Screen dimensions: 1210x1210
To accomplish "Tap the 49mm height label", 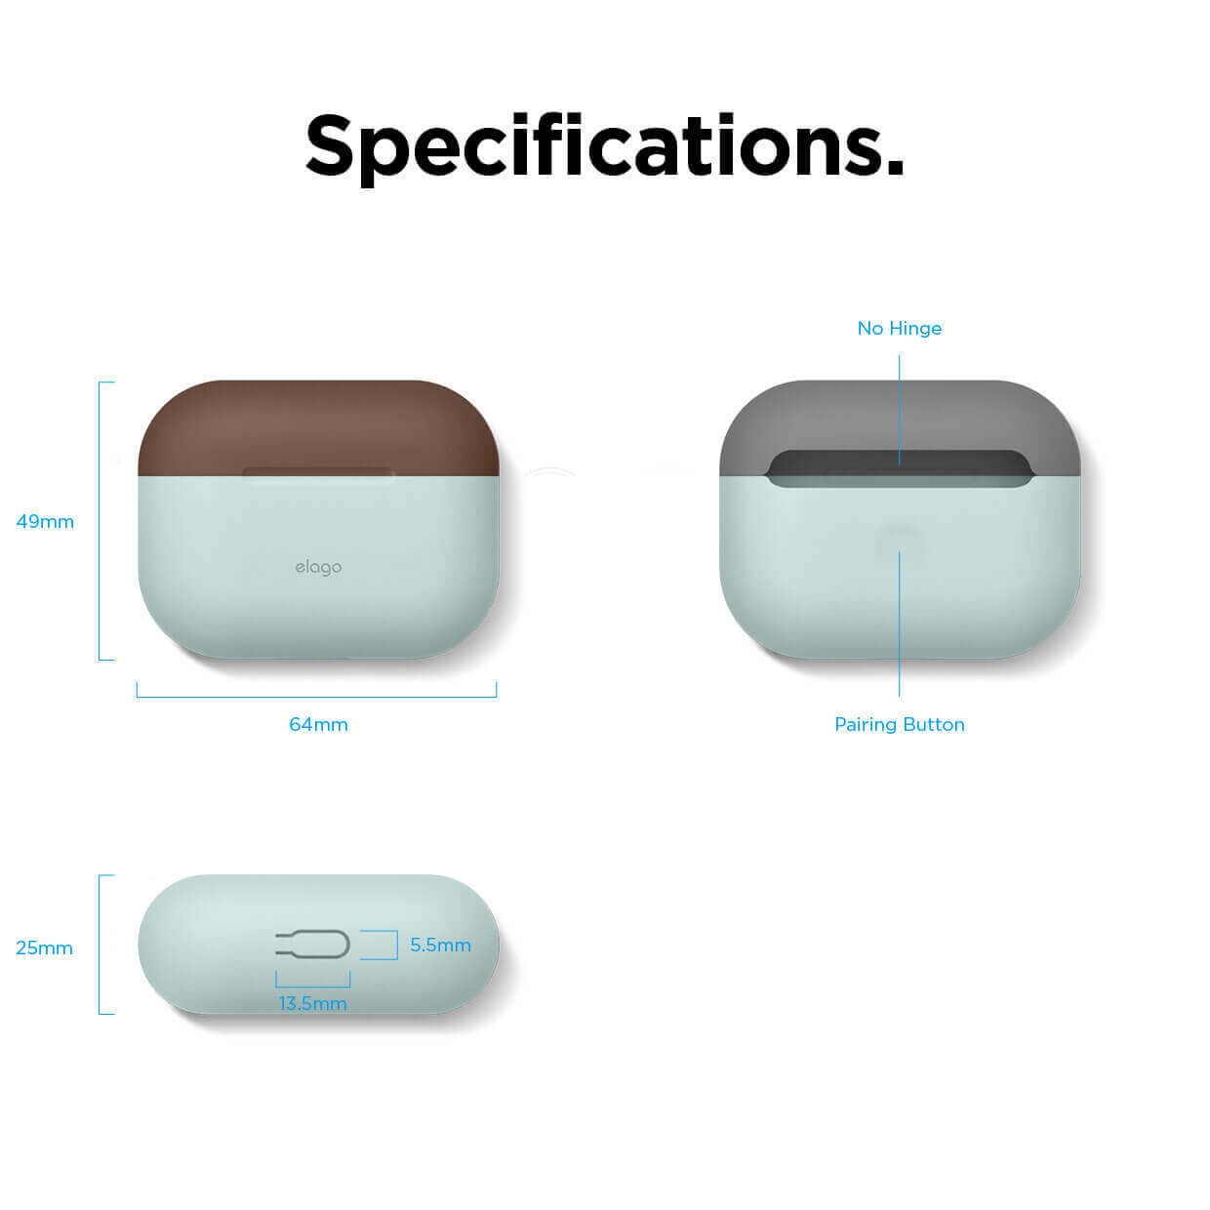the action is [x=45, y=521].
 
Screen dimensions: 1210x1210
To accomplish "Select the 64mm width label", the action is [x=318, y=724].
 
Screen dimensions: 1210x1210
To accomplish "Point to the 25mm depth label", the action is [x=44, y=948].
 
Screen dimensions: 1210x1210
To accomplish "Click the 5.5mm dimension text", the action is [x=440, y=945].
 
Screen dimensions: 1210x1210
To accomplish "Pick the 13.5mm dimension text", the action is [x=312, y=1003].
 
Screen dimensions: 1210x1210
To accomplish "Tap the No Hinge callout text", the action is [x=899, y=328].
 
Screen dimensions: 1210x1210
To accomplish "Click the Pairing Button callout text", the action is [x=899, y=724].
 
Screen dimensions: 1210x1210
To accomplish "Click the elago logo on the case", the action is [x=318, y=568].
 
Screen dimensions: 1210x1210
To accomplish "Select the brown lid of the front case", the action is [x=318, y=427].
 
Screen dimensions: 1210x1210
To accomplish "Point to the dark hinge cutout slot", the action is [x=899, y=468].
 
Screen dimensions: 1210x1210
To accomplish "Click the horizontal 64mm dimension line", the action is [x=316, y=697].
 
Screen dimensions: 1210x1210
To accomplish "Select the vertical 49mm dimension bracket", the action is [x=100, y=520].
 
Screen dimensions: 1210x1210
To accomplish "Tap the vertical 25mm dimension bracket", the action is [x=100, y=945].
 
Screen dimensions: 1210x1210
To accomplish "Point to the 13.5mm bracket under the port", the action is [x=312, y=987].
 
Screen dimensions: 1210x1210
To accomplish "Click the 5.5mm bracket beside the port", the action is [x=397, y=945].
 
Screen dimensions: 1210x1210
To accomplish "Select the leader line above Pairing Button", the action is [x=899, y=624].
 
